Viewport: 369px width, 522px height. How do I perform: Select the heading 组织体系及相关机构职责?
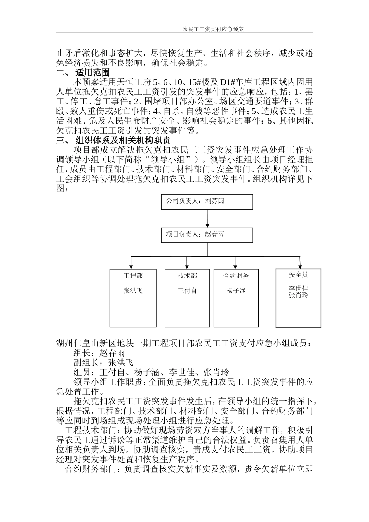point(122,140)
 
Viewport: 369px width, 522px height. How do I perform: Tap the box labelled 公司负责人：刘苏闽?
point(207,202)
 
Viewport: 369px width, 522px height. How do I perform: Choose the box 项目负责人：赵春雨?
point(207,235)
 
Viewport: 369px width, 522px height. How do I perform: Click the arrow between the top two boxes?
point(207,219)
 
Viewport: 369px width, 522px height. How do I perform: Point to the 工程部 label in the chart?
point(133,276)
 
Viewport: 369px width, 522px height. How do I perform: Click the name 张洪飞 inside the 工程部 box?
point(133,291)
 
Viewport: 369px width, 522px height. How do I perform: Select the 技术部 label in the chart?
point(187,276)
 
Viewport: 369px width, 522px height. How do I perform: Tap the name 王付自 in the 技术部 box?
point(187,291)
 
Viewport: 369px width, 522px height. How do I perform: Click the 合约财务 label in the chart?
point(236,276)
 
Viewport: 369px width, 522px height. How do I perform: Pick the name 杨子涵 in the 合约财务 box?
point(236,291)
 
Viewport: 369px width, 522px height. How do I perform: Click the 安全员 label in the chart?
point(298,275)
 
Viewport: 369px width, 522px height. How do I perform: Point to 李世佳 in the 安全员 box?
point(298,289)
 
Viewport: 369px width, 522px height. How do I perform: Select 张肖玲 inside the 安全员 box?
point(298,295)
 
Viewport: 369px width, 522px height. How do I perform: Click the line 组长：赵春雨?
point(99,353)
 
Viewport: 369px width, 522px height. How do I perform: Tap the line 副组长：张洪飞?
point(103,363)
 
